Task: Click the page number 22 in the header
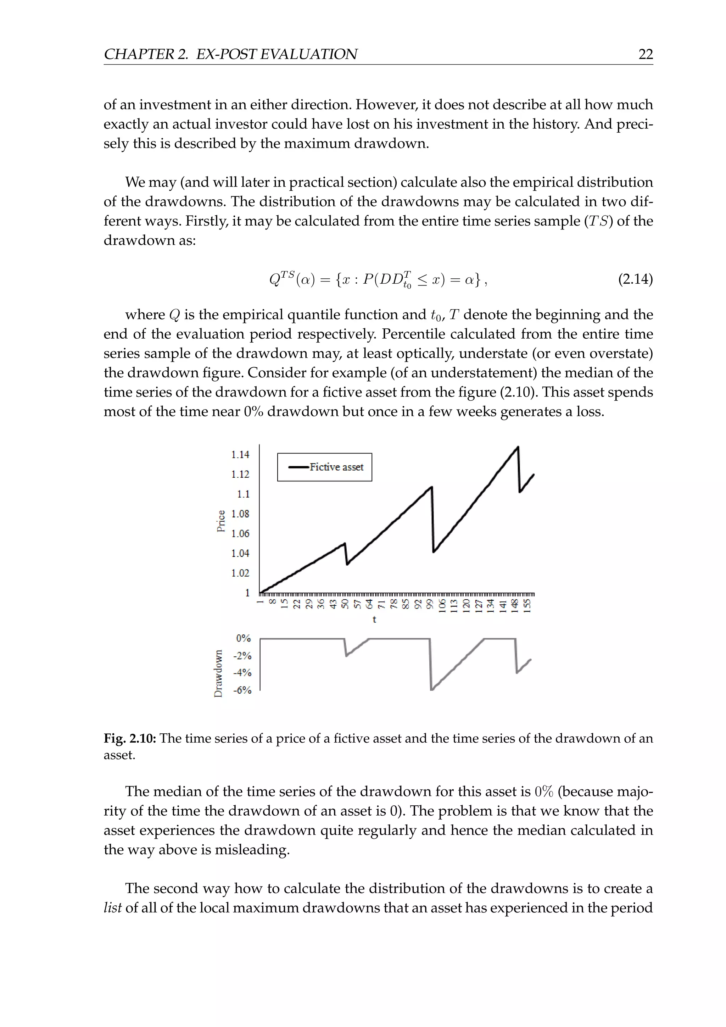tap(646, 54)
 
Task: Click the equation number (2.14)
tap(635, 279)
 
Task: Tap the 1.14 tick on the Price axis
tap(240, 455)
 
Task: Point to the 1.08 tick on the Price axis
tap(240, 513)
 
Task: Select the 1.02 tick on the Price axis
tap(240, 573)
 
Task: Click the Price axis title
tap(221, 521)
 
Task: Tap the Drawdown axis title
tap(218, 673)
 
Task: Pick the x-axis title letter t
tap(374, 620)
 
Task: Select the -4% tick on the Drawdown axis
tap(243, 673)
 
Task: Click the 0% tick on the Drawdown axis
tap(244, 638)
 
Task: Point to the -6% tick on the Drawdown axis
tap(243, 690)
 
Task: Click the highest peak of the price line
tap(518, 447)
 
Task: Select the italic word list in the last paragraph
tap(113, 907)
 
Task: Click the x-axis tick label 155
tap(527, 606)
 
